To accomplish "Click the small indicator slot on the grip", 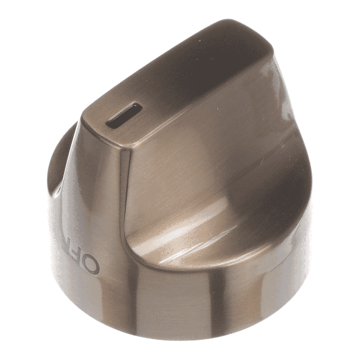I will (124, 115).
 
